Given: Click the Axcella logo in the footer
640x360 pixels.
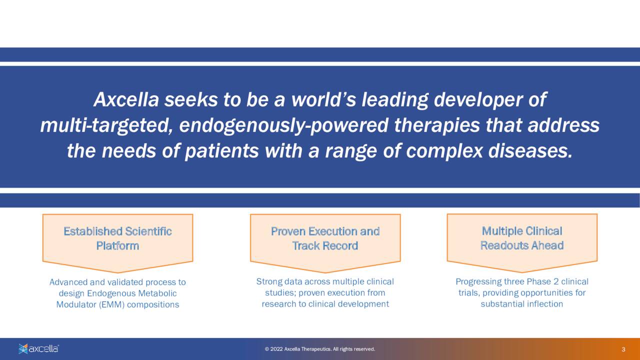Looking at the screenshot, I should coord(38,348).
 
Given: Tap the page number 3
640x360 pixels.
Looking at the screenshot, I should coord(623,349).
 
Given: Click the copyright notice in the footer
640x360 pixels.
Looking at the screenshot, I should coord(319,349).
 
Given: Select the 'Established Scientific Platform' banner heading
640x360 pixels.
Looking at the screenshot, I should coord(117,238).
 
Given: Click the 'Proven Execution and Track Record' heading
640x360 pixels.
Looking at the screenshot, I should coord(325,238).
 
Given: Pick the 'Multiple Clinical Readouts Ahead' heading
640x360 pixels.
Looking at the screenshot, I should coord(521,238).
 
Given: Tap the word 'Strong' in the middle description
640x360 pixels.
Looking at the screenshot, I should coord(268,281).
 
